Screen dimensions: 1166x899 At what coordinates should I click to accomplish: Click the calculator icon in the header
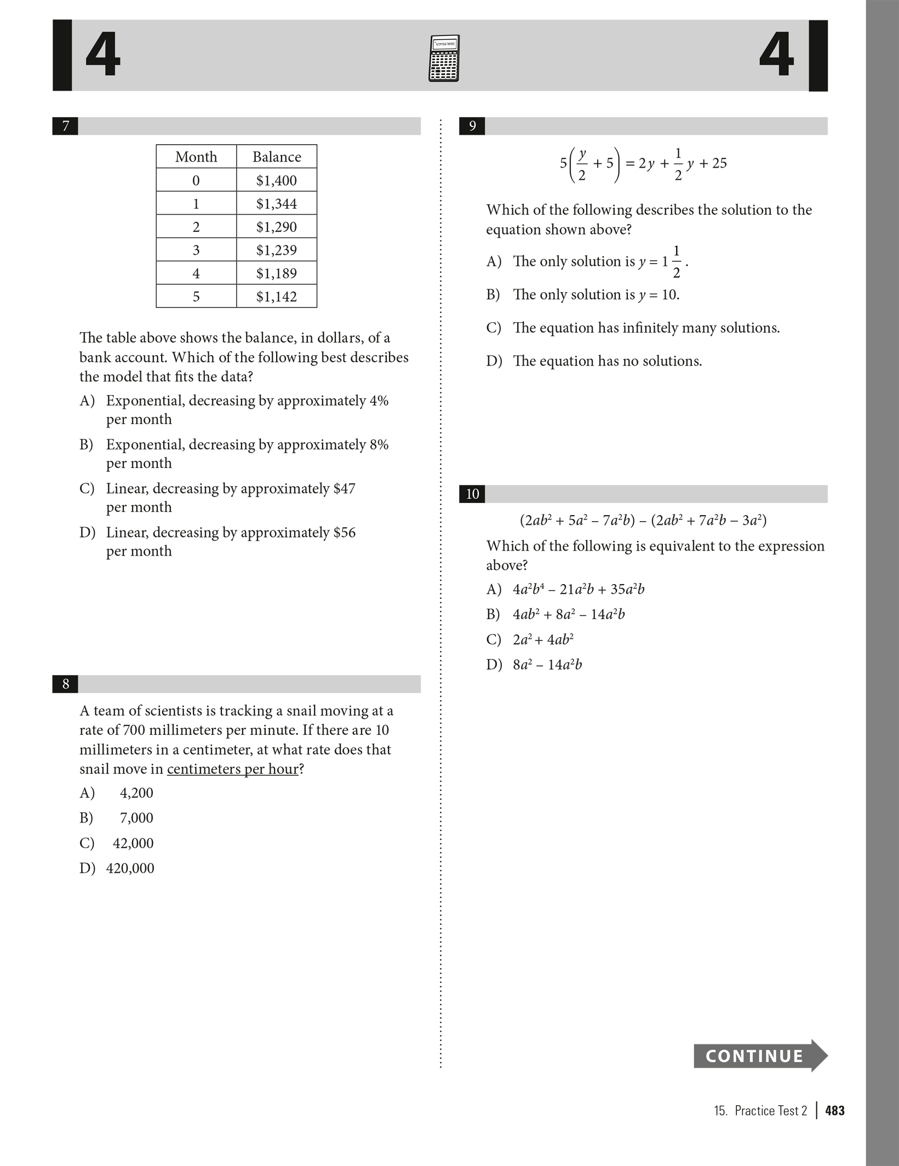tap(444, 58)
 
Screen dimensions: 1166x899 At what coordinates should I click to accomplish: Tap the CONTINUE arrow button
tap(759, 1055)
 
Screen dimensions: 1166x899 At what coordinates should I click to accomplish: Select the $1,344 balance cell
tap(276, 204)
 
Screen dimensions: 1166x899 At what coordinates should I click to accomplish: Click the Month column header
tap(196, 157)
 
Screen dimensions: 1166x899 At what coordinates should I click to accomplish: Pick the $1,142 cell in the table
tap(276, 296)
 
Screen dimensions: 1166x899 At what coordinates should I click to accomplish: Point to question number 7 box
tap(65, 126)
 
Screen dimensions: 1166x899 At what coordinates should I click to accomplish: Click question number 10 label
tap(472, 494)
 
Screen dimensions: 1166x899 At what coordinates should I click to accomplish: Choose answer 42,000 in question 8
tap(133, 843)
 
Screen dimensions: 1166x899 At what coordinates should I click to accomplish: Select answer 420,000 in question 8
tap(130, 868)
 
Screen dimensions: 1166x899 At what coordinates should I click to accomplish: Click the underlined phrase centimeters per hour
tap(233, 769)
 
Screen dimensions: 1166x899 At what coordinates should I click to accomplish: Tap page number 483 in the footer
tap(835, 1111)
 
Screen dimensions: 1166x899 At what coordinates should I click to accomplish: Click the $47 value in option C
tap(344, 488)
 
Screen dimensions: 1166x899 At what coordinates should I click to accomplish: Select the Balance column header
tap(277, 157)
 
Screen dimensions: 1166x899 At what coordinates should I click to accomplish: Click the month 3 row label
tap(196, 250)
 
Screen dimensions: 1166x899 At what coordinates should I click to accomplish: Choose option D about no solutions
tap(607, 361)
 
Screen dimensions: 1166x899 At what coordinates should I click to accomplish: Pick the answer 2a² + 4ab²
tap(543, 639)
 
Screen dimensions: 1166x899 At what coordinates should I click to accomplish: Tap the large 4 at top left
tap(103, 55)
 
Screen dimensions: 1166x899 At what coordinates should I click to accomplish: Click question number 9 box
tap(472, 126)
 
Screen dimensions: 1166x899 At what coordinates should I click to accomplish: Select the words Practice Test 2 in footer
tap(770, 1111)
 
